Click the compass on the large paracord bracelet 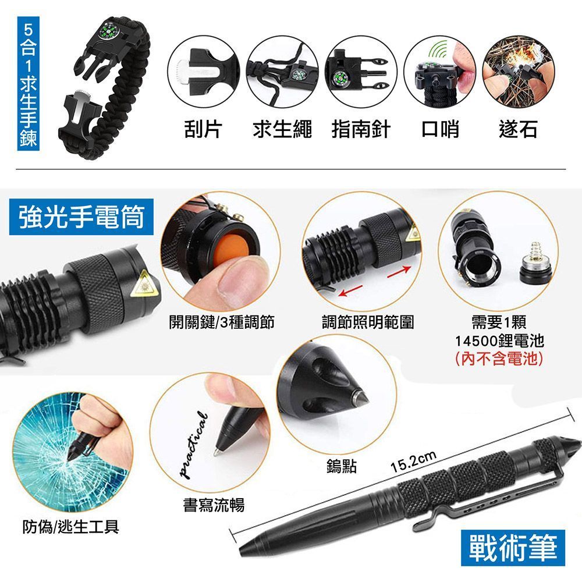pos(108,31)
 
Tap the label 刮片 pos(203,129)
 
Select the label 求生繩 pos(282,129)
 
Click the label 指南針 pos(361,129)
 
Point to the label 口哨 pos(440,129)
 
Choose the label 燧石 pos(518,129)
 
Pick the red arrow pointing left pos(350,290)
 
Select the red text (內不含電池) pos(499,359)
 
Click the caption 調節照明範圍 pos(368,322)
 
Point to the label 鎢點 pos(342,466)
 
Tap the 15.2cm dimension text pos(413,463)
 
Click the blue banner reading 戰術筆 pos(513,548)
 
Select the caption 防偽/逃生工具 pos(71,527)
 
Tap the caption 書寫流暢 pos(214,505)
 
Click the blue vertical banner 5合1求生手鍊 pos(29,83)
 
